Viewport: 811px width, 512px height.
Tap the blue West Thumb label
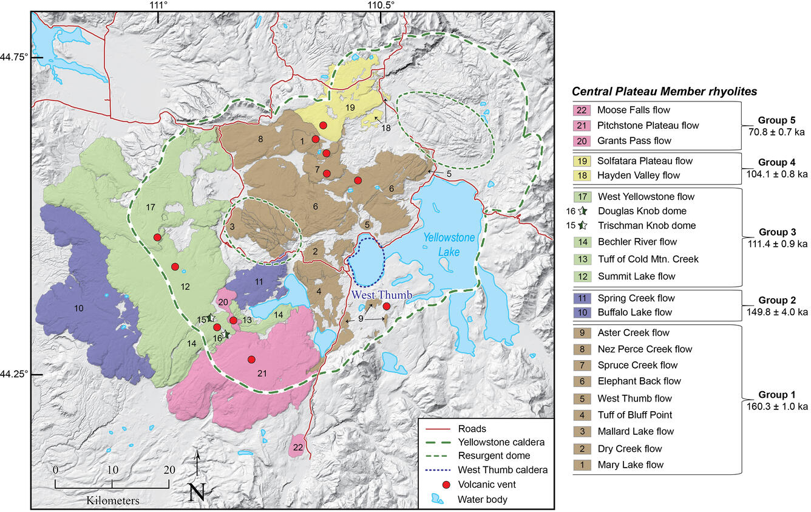click(382, 295)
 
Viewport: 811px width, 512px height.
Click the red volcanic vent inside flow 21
click(251, 360)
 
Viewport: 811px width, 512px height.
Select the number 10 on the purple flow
click(78, 309)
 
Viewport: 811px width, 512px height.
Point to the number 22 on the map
click(297, 447)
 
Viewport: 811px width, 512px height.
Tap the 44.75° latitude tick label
click(14, 57)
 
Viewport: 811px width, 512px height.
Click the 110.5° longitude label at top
click(380, 5)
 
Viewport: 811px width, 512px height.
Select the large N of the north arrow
click(197, 491)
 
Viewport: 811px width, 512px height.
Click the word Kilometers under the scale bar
click(112, 501)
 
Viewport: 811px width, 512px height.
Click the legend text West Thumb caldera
click(503, 469)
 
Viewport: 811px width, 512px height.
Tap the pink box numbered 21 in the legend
click(582, 126)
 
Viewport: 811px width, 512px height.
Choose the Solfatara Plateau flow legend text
click(645, 161)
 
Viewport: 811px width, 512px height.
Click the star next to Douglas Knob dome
click(582, 211)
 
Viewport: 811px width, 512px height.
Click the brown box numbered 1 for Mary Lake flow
click(582, 465)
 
